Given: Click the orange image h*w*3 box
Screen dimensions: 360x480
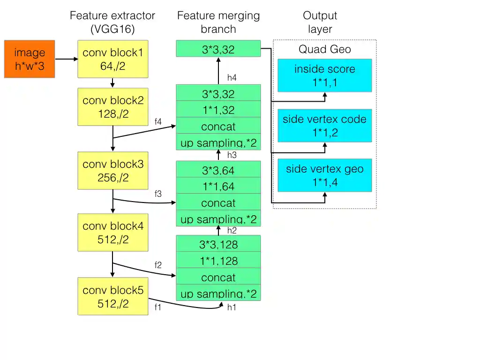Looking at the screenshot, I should (x=30, y=59).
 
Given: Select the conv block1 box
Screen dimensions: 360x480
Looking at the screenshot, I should (x=112, y=59).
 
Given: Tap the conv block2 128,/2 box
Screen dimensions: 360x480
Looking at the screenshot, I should (x=112, y=107).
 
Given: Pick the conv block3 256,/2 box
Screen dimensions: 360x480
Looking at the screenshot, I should (x=112, y=171).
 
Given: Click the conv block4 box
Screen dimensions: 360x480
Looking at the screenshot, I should (x=112, y=232).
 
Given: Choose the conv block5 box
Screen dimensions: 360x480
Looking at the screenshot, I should (x=112, y=296).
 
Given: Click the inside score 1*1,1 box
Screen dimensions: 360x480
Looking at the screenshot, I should (x=324, y=75).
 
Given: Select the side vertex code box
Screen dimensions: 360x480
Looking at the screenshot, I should (x=324, y=125).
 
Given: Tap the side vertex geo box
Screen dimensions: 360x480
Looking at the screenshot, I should (x=324, y=175).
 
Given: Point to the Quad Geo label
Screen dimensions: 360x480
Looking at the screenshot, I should (x=324, y=49).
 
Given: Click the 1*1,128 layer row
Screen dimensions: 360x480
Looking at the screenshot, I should (x=218, y=261).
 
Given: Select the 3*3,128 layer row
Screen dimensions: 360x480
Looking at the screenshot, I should (x=218, y=244).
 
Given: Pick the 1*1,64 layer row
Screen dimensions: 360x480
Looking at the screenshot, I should (x=218, y=186).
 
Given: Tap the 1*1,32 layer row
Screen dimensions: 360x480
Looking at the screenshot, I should (x=218, y=110).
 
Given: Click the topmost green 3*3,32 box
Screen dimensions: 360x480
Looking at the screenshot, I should (x=218, y=49).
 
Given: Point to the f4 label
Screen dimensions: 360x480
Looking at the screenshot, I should (x=158, y=121).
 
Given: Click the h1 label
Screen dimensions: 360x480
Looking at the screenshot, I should (x=232, y=307).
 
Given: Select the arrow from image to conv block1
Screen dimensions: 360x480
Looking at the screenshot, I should (x=67, y=59).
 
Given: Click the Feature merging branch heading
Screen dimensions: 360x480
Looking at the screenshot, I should (x=218, y=22).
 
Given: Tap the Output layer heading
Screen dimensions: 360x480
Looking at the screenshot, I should (x=320, y=22).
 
